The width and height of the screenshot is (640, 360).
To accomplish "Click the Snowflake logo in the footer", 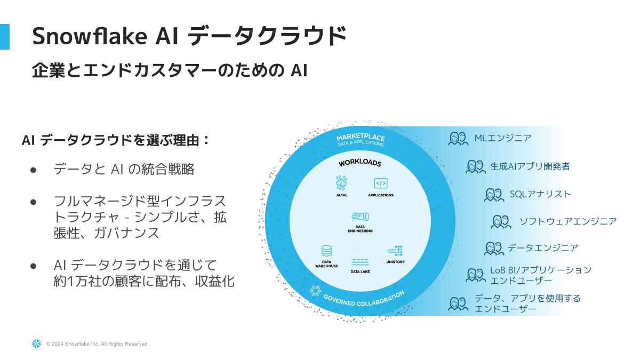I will click(x=36, y=344).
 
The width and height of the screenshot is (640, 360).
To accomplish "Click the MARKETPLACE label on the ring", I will click(x=361, y=139).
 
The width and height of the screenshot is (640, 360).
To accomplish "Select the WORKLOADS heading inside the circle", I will click(x=360, y=163).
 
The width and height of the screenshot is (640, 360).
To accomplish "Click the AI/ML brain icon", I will click(x=341, y=183).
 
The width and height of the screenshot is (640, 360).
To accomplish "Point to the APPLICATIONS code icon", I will click(x=380, y=183).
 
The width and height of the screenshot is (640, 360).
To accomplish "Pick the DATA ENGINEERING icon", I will click(x=361, y=217).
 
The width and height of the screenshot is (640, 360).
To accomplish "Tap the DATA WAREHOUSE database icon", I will click(x=326, y=251).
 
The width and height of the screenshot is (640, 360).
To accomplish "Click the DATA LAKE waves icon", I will click(x=361, y=262).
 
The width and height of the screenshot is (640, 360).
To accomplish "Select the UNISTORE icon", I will click(x=395, y=251).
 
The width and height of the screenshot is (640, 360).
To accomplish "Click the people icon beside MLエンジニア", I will click(x=458, y=139).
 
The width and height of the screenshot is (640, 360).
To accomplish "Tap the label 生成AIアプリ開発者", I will click(x=530, y=166).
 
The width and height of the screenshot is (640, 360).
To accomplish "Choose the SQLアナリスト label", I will click(x=540, y=194).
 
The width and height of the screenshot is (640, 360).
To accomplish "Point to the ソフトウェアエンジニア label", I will click(x=568, y=221).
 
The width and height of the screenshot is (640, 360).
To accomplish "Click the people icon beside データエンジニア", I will click(x=494, y=248).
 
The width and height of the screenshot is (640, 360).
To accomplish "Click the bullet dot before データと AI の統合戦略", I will click(x=33, y=170).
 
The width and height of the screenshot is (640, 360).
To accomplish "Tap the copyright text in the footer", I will click(x=97, y=344).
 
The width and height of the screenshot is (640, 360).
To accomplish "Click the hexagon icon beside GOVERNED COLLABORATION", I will click(x=315, y=291).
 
